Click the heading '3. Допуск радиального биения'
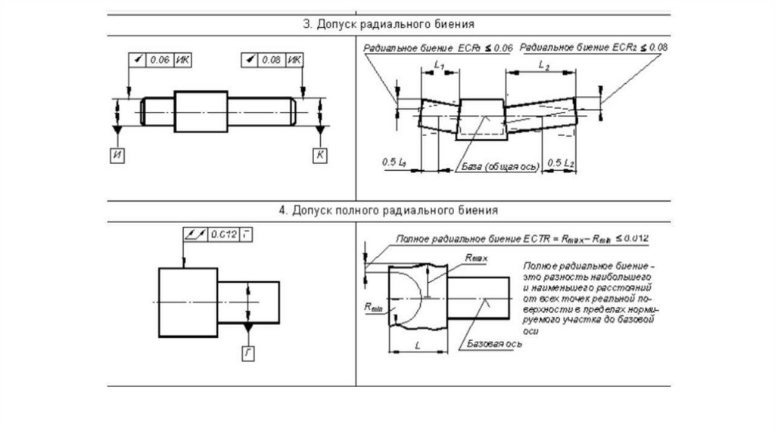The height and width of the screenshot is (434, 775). (x=388, y=23)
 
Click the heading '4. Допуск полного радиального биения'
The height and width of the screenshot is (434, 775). (x=388, y=210)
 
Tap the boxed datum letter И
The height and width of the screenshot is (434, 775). (x=117, y=156)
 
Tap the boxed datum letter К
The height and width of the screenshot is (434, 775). (x=321, y=156)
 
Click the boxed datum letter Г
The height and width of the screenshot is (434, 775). (x=247, y=352)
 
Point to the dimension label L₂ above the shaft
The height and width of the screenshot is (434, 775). (x=543, y=67)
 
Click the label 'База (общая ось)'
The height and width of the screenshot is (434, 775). (x=495, y=165)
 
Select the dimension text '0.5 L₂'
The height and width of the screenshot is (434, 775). (x=561, y=163)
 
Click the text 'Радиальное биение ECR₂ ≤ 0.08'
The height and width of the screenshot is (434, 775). (x=595, y=47)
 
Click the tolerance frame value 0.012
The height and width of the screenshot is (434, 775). (x=223, y=234)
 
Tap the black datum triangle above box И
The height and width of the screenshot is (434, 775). (x=117, y=132)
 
